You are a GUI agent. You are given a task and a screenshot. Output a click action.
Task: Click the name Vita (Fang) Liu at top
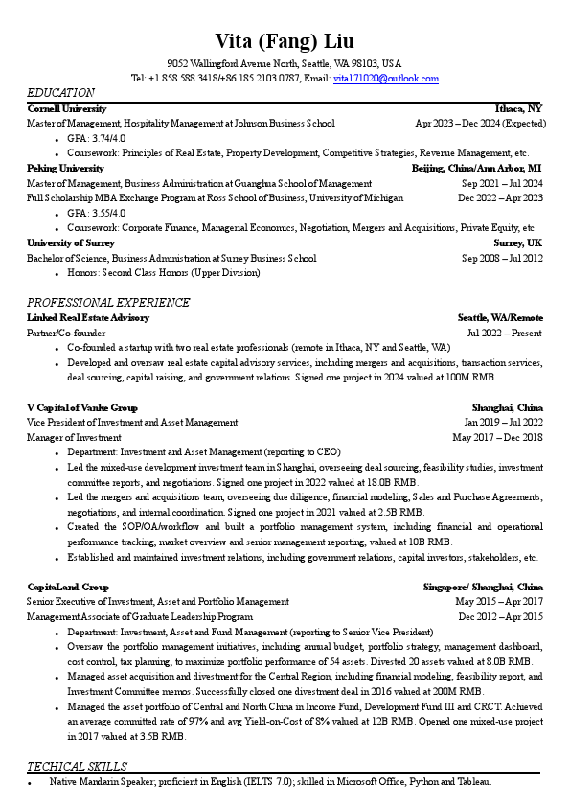tap(285, 40)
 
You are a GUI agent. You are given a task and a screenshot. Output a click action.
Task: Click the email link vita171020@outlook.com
tap(386, 78)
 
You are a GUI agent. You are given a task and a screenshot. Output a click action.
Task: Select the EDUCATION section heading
tap(60, 93)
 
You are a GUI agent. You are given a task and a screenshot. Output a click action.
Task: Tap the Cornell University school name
tap(67, 109)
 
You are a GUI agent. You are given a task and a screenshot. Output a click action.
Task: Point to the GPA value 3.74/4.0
tap(109, 138)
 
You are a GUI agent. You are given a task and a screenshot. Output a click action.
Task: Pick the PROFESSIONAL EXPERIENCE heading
tap(108, 303)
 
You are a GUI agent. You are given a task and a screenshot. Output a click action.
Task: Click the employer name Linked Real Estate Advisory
tap(88, 317)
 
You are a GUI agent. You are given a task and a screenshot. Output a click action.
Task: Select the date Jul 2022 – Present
tap(505, 333)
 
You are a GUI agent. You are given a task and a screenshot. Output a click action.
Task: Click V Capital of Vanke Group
tap(82, 407)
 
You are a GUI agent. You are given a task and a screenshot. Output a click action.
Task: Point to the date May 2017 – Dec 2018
tap(497, 437)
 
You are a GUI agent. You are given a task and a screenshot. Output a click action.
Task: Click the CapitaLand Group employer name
tap(68, 587)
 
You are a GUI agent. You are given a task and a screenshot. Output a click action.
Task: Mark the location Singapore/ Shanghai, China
tap(483, 587)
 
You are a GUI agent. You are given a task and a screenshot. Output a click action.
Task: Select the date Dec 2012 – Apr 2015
tap(500, 616)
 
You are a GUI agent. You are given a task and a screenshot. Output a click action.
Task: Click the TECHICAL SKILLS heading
tap(77, 767)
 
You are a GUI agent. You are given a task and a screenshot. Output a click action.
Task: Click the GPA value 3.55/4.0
tap(109, 213)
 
